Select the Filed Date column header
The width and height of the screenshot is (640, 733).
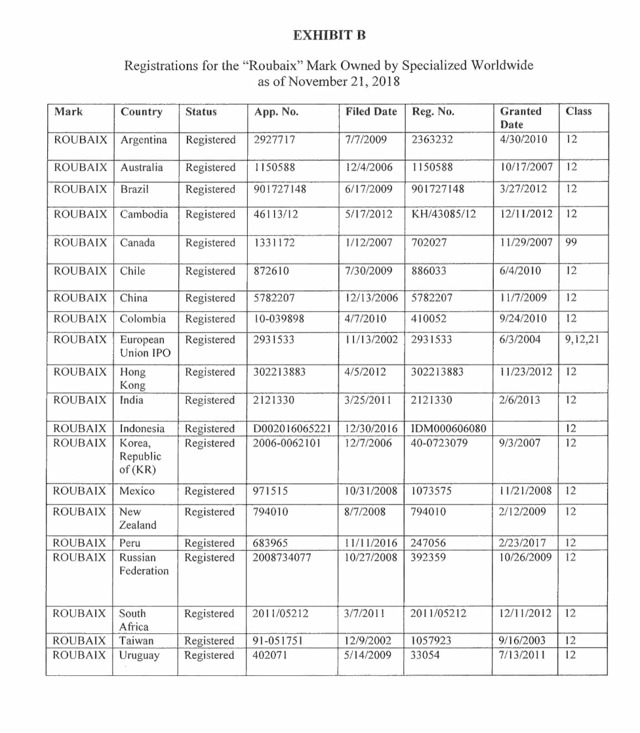370,111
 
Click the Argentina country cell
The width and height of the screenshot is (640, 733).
144,140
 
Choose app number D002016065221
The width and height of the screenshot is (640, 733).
293,429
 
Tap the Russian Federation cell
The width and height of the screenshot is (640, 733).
144,564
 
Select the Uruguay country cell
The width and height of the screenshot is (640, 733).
139,655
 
